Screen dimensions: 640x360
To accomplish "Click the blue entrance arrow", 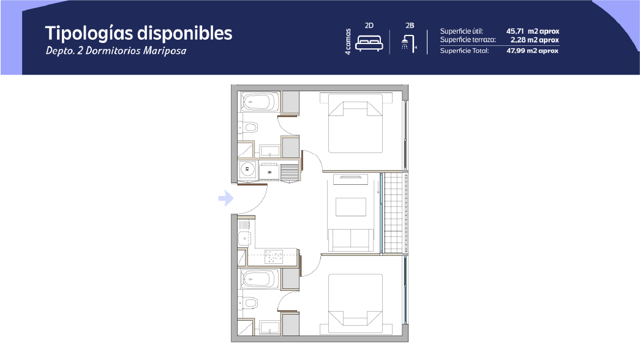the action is point(226,198).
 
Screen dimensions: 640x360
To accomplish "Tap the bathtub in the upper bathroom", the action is point(259,102).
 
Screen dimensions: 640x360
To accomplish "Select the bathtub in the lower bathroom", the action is point(259,279).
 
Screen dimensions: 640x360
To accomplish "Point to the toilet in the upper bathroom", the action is point(248,128).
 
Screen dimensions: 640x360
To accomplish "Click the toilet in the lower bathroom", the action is point(248,303).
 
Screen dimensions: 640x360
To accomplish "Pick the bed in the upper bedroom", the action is point(355,123).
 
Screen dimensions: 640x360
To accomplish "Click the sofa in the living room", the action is point(351,240).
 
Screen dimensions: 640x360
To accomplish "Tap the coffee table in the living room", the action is point(351,207).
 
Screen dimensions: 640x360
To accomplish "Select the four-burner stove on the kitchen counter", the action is point(274,257).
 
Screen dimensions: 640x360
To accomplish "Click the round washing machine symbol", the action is point(247,169).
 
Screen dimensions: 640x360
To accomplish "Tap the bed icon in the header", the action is point(369,43).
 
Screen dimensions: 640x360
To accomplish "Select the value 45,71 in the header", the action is point(515,31).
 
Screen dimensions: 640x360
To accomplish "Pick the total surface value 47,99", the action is point(516,51).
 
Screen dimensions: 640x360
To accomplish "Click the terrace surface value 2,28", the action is point(518,40).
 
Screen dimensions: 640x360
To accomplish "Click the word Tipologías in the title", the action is point(88,34).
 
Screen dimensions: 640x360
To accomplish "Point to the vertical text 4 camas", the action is point(348,42).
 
